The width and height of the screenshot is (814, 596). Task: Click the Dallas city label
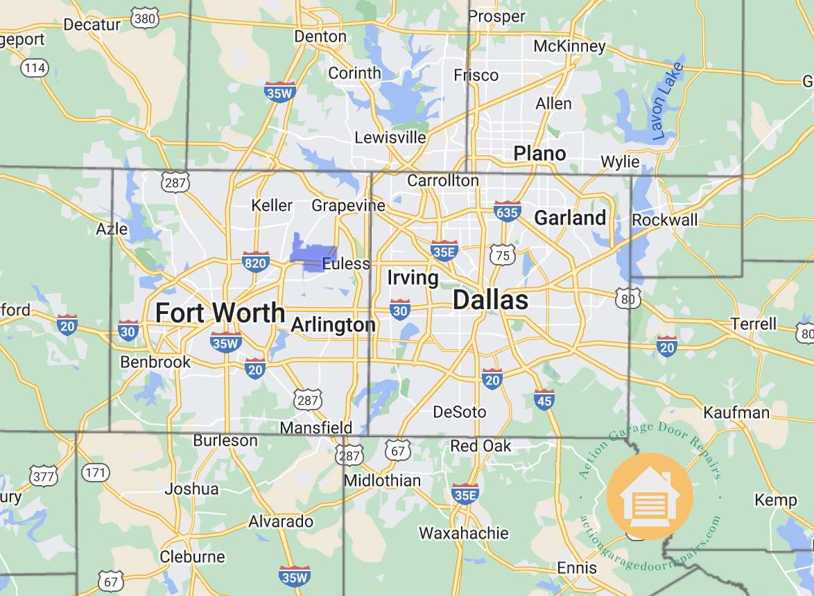[x=490, y=300]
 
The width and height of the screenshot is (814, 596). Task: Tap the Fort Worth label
[x=220, y=313]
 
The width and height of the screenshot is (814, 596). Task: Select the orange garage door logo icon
[x=649, y=496]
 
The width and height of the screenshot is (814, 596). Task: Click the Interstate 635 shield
[x=508, y=211]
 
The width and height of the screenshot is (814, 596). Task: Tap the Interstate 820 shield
[x=256, y=261]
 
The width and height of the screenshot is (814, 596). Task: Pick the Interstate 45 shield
[x=544, y=398]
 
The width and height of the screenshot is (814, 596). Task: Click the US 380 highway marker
[x=145, y=19]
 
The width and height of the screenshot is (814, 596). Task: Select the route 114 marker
[x=34, y=67]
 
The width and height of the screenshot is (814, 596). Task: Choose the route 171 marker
[x=95, y=473]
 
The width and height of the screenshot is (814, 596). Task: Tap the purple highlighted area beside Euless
[x=311, y=252]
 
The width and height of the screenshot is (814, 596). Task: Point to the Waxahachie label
[x=463, y=533]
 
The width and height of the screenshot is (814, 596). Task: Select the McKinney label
[x=569, y=46]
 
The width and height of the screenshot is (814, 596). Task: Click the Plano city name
[x=539, y=153]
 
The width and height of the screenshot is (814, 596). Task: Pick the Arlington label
[x=333, y=325]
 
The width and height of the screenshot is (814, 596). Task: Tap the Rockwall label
[x=665, y=220]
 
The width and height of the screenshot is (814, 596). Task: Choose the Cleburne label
[x=192, y=556]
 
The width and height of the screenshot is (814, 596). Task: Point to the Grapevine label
[x=348, y=205]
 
